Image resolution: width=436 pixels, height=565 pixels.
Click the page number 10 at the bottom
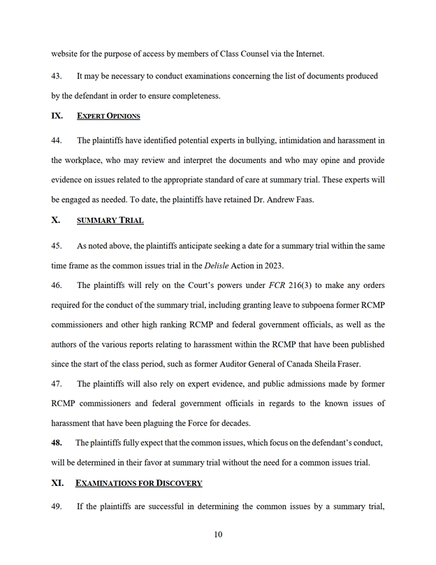pyautogui.click(x=218, y=535)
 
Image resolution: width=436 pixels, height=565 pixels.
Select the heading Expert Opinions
pyautogui.click(x=108, y=115)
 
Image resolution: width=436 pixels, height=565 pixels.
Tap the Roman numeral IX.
pyautogui.click(x=57, y=115)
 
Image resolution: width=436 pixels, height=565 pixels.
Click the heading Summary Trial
pyautogui.click(x=110, y=220)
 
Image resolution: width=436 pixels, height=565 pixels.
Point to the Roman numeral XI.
pyautogui.click(x=58, y=482)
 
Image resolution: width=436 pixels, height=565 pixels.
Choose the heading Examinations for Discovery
pyautogui.click(x=139, y=482)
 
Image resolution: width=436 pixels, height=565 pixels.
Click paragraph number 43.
pyautogui.click(x=57, y=76)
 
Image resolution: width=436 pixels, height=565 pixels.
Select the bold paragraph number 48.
pyautogui.click(x=57, y=443)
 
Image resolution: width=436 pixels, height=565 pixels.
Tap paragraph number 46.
pyautogui.click(x=57, y=285)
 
